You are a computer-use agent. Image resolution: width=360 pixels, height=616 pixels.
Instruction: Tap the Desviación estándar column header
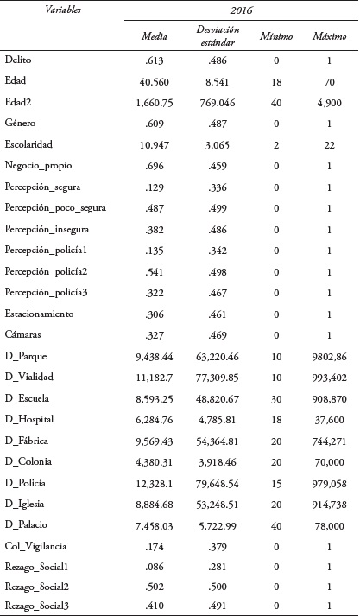tap(216, 39)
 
